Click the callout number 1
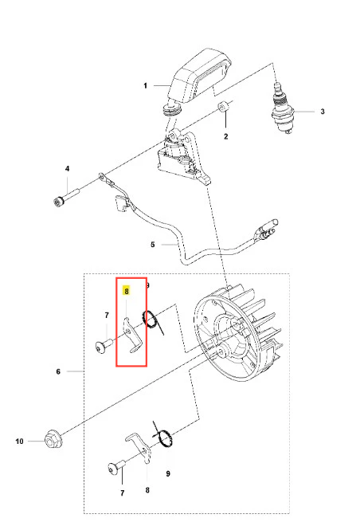pos(145,86)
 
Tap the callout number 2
pos(226,136)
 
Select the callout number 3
pos(323,112)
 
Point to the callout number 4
pos(67,168)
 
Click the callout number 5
pos(152,245)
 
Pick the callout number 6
pos(58,371)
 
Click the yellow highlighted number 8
pos(126,291)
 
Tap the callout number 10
pos(19,442)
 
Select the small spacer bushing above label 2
pos(222,108)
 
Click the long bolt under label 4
pos(66,197)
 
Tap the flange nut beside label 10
pos(52,438)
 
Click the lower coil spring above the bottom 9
pos(164,437)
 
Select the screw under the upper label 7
pos(104,346)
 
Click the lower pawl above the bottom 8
pos(140,446)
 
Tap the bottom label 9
pos(168,473)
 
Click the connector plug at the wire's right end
pos(267,229)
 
